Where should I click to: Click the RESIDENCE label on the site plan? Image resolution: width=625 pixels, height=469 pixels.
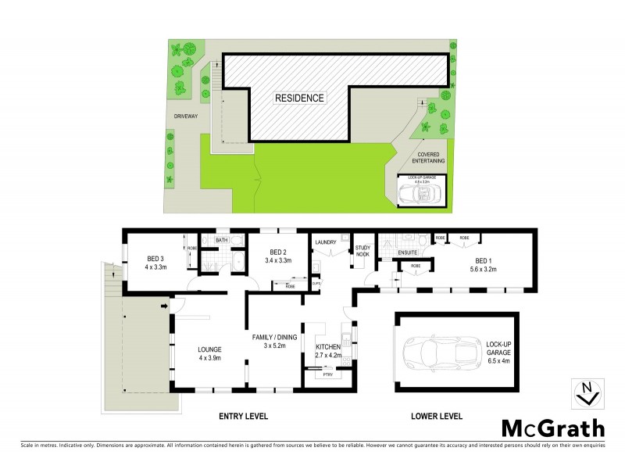(299, 98)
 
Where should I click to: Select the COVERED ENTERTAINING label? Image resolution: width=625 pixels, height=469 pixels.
(430, 159)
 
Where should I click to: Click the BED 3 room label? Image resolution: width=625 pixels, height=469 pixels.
(155, 259)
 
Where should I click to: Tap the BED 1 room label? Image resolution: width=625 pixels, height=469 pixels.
(484, 260)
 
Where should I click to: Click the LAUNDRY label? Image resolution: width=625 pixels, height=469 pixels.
(326, 242)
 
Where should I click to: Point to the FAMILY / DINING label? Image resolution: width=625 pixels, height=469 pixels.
(274, 337)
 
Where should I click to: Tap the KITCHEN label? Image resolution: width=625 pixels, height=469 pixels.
(327, 346)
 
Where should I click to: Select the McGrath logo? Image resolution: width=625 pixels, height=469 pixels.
(552, 428)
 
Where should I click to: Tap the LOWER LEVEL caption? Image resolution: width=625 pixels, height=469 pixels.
(437, 416)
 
